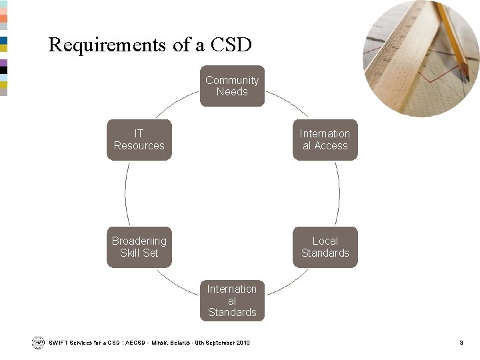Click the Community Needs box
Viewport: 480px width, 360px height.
(x=232, y=86)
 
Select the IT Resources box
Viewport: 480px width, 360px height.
(x=139, y=140)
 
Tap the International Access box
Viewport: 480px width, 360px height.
(x=325, y=140)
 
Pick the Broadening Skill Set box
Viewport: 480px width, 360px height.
(x=139, y=247)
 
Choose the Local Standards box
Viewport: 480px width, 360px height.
(x=325, y=247)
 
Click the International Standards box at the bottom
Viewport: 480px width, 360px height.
(x=232, y=301)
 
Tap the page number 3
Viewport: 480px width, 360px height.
(x=461, y=343)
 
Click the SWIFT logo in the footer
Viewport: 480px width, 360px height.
(x=37, y=342)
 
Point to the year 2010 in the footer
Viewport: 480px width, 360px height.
(x=243, y=343)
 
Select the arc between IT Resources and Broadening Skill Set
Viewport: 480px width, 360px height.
(x=125, y=193)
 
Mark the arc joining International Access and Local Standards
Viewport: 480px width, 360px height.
(x=339, y=193)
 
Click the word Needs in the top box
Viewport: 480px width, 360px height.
(x=232, y=92)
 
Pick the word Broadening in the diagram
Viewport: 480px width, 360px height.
(x=139, y=241)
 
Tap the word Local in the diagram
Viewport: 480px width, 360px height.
(x=325, y=241)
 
